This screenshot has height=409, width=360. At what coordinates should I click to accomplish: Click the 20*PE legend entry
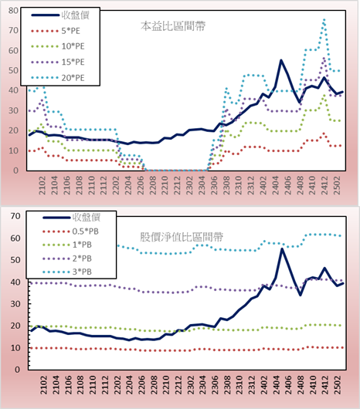(58, 78)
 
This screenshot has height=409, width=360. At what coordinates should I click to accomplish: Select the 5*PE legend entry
(56, 31)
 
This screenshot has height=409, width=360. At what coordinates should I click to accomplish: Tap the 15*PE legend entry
(58, 62)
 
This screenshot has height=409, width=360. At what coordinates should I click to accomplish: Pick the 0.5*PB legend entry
(70, 232)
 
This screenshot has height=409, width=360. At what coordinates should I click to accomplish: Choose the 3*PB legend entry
(67, 272)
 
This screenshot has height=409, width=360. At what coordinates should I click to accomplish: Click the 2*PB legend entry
(67, 259)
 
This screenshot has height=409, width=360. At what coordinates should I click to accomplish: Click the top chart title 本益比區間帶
(173, 26)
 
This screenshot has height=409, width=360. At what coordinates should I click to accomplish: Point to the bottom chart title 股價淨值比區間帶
(182, 237)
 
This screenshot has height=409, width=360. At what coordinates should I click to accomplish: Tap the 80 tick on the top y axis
(13, 11)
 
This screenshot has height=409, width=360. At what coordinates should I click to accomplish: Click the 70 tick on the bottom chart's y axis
(15, 216)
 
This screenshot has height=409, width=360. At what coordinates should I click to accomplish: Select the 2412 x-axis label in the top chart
(324, 185)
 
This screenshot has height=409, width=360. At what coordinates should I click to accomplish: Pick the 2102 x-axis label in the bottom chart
(43, 385)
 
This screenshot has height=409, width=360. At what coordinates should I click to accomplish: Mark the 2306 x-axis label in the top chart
(214, 185)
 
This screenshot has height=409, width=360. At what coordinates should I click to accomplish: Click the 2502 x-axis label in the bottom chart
(338, 385)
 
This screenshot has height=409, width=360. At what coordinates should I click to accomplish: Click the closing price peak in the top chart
(281, 60)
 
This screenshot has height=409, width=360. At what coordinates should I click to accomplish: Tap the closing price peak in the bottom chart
(282, 248)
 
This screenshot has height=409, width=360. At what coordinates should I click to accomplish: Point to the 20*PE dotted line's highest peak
(324, 19)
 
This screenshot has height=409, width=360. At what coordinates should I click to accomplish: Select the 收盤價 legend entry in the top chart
(60, 15)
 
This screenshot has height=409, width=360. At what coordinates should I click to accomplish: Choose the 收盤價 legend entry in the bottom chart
(72, 217)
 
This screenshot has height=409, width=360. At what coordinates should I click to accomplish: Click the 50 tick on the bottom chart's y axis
(15, 260)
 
